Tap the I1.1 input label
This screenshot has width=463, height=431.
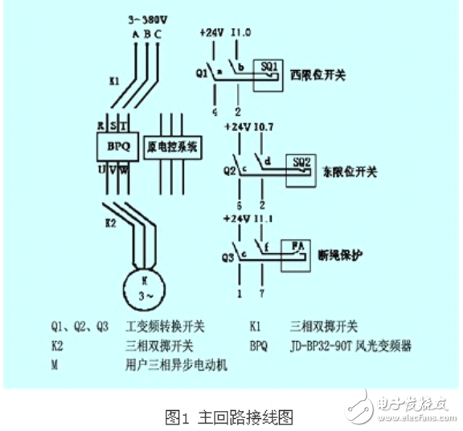pyautogui.click(x=263, y=218)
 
